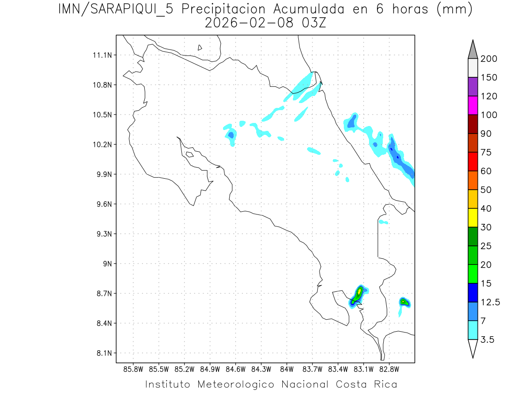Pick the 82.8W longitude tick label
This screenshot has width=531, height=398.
[x=389, y=368]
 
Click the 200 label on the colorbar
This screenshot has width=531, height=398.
[x=489, y=59]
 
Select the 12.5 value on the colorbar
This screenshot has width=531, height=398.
[x=490, y=302]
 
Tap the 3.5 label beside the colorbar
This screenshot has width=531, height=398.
[x=487, y=340]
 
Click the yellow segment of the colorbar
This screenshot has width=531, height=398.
[x=473, y=218]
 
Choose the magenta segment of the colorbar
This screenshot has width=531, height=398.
[x=473, y=106]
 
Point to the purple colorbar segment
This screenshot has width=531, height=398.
[x=473, y=87]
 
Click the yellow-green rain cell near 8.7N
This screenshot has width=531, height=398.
[x=359, y=293]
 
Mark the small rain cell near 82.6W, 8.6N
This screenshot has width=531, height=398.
[x=404, y=302]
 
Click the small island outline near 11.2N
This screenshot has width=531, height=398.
[x=200, y=47]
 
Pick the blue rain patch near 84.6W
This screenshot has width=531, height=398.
[x=231, y=134]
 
